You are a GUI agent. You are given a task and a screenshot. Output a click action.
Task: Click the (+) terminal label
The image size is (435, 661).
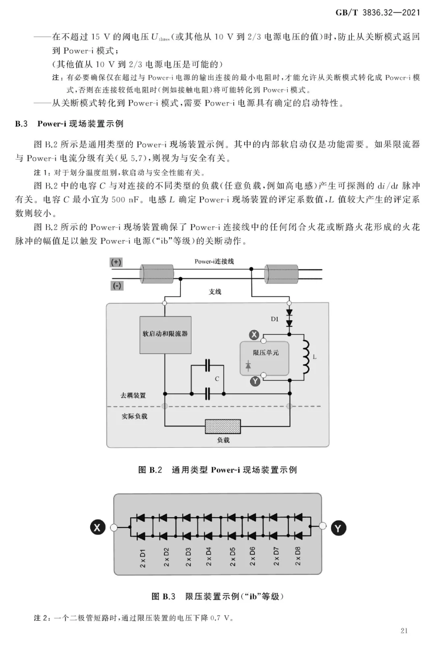[x=116, y=262]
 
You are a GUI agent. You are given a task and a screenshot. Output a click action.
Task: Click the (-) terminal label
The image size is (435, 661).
[x=117, y=286]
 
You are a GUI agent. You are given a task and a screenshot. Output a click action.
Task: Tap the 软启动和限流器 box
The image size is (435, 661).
[x=165, y=335]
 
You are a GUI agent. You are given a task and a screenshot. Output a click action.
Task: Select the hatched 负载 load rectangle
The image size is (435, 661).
[x=223, y=426]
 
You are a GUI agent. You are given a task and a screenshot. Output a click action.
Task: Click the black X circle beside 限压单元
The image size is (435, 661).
[x=254, y=335]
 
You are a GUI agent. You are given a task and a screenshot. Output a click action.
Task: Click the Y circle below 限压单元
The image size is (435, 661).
[x=255, y=381]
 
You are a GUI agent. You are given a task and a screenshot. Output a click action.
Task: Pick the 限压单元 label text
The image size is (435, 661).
[x=265, y=352]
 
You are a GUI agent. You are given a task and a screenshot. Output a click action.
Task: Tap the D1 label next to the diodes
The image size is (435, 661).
[x=274, y=319]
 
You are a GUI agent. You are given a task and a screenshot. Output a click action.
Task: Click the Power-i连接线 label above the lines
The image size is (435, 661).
[x=214, y=261]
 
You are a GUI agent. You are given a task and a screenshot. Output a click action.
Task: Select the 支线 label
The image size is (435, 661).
[x=215, y=292]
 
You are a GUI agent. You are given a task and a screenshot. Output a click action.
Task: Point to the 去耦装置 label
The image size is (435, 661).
[x=133, y=396]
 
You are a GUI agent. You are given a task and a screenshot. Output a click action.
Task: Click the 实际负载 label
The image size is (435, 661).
[x=134, y=416]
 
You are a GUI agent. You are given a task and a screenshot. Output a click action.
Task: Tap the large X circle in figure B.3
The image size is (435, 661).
[x=98, y=527]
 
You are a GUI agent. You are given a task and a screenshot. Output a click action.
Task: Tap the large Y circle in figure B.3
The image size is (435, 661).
[x=338, y=528]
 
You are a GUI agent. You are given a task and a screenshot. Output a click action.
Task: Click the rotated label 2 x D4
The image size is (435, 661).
[x=209, y=557]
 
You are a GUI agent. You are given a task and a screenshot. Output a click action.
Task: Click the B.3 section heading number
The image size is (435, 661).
[x=21, y=124]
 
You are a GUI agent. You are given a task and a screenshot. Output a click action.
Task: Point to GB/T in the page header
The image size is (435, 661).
[x=346, y=13]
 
